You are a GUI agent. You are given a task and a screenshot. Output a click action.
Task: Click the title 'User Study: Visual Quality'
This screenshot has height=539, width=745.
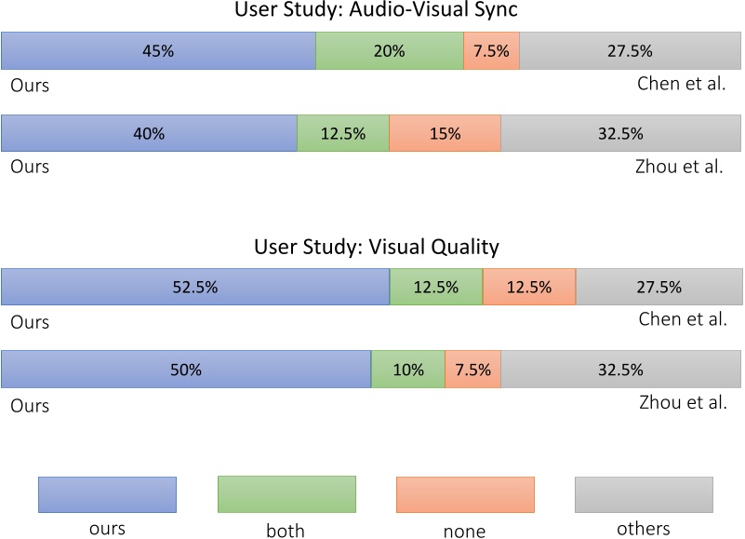pos(376,247)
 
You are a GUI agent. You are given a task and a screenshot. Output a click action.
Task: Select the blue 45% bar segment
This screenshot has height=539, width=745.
pos(158,51)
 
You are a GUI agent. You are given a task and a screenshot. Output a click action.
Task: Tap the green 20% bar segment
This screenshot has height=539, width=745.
pos(389,51)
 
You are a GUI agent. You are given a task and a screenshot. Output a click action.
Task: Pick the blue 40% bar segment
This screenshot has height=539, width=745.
pos(149,133)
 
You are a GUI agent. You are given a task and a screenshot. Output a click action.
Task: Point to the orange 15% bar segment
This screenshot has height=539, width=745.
pos(445,133)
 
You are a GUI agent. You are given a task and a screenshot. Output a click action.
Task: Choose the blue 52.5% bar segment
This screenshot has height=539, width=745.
pos(194,287)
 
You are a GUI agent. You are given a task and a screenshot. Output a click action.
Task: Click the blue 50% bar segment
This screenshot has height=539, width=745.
pos(185,370)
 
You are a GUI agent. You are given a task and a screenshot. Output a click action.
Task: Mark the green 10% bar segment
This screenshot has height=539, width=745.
pos(407,370)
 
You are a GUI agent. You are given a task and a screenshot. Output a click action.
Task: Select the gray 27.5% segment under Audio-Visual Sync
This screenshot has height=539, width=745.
pos(630,51)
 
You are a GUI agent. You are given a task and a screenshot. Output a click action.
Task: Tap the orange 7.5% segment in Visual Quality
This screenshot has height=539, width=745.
pos(472,370)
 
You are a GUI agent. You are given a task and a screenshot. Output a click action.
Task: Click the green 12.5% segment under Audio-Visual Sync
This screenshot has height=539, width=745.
pos(342,133)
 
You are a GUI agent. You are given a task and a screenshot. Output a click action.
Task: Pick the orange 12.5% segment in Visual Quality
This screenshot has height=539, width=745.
pos(528,287)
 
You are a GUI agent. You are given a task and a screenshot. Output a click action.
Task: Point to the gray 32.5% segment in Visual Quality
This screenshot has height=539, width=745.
pos(620,370)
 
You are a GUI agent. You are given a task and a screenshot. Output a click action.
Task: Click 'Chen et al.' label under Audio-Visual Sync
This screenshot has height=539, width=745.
pos(681,84)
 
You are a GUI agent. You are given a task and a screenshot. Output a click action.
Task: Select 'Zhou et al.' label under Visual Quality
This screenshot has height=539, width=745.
pos(683,403)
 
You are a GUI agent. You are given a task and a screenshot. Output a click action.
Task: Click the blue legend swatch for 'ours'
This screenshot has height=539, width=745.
pos(107,494)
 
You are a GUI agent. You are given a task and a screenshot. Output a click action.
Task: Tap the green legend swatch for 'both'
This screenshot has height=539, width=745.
pos(286,494)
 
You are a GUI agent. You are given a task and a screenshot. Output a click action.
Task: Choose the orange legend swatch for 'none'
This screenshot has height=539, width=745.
pos(465,494)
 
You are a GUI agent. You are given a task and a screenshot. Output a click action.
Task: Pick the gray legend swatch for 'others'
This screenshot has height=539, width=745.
pos(644,494)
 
